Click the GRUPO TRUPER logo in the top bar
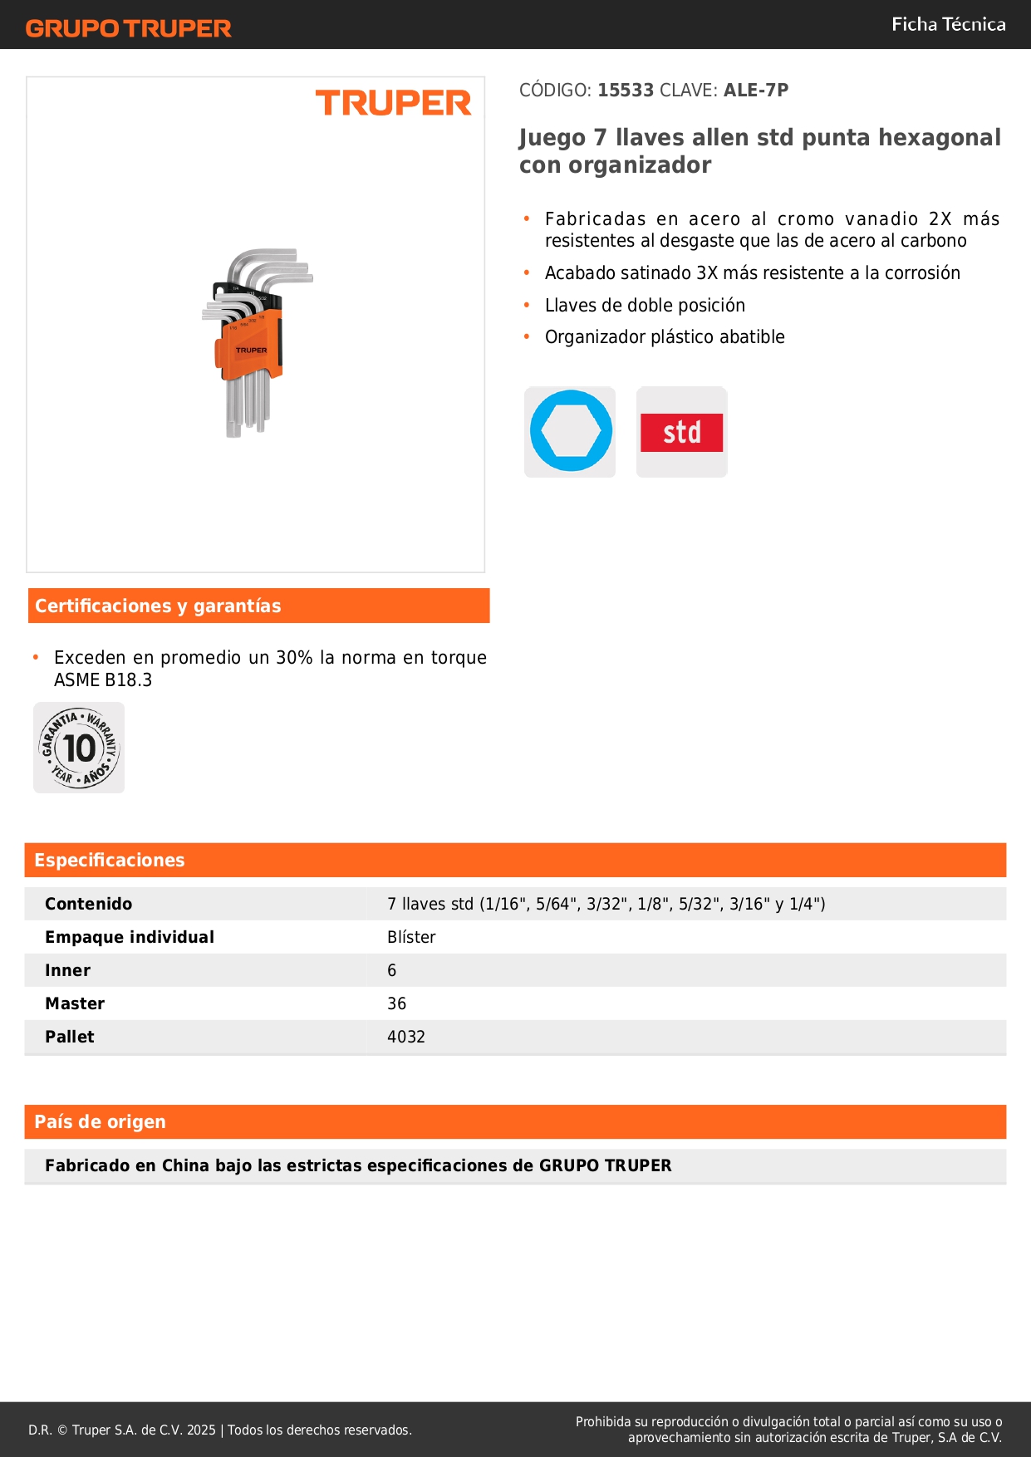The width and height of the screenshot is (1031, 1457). (128, 28)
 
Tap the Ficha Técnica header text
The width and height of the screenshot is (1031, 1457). (948, 25)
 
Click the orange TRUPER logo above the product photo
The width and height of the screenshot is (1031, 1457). (393, 103)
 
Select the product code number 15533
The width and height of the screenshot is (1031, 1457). (626, 91)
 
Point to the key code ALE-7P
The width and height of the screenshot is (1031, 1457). (755, 91)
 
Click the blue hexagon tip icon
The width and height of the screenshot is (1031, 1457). (570, 432)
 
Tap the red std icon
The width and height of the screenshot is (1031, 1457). (681, 432)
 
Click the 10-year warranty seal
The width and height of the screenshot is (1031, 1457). (79, 748)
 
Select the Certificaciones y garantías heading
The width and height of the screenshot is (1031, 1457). (158, 606)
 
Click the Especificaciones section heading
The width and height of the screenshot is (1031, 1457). (110, 861)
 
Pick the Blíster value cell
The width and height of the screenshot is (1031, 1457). (411, 937)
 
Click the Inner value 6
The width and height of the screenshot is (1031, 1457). (392, 970)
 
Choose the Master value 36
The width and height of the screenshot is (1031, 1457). (397, 1003)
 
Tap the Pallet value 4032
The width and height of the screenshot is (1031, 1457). (406, 1037)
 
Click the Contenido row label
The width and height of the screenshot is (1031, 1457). (88, 904)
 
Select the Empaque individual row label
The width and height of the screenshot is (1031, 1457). (130, 937)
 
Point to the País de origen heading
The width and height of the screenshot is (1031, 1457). (100, 1122)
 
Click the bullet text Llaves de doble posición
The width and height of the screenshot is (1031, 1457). (645, 306)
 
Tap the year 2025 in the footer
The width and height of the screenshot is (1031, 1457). (201, 1430)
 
